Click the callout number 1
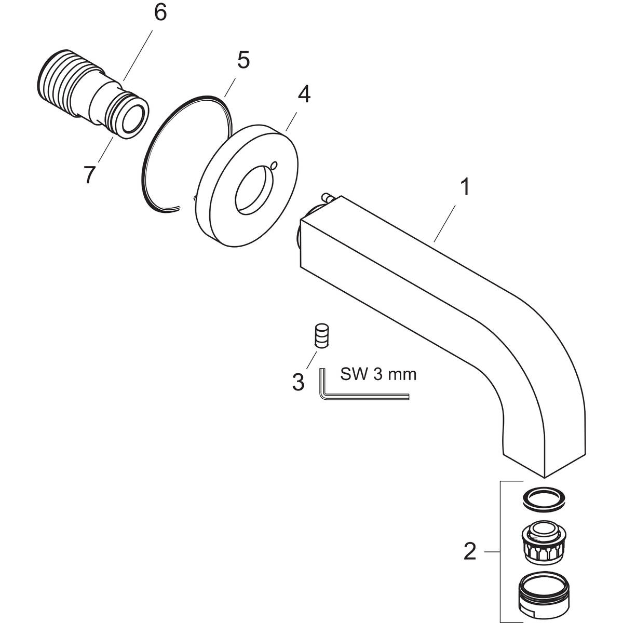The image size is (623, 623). (465, 187)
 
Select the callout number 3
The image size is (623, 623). (297, 383)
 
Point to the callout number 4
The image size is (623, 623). (304, 94)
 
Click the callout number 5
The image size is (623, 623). (243, 60)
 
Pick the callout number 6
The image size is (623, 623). (160, 12)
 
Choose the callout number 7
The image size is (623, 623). (89, 175)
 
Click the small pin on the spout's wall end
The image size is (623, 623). (329, 198)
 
